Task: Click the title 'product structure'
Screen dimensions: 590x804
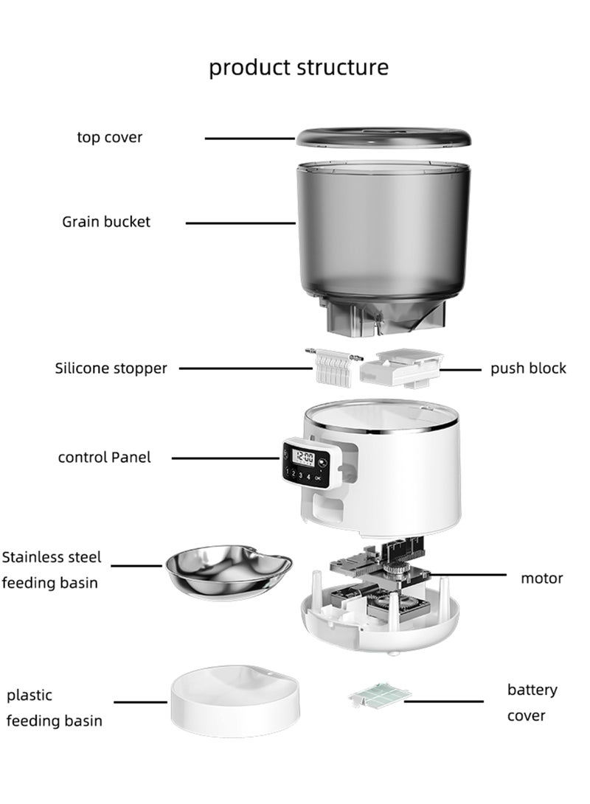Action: coord(299,68)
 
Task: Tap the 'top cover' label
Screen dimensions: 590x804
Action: coord(110,137)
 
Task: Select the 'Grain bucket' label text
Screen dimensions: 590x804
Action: coord(106,222)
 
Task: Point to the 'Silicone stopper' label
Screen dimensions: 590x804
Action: coord(111,368)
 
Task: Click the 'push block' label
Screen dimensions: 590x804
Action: coord(529,368)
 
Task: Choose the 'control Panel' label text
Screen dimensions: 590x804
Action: coord(105,458)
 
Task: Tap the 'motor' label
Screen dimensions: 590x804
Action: coord(542,578)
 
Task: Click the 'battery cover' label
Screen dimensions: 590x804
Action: coord(532,702)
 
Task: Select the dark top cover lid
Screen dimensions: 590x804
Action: coord(383,139)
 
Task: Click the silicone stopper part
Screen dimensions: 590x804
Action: coord(333,366)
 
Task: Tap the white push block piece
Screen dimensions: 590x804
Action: coord(402,368)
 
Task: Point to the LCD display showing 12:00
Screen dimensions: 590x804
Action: coord(303,457)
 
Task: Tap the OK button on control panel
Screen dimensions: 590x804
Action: coord(318,478)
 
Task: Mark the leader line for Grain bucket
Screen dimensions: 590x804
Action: coord(240,223)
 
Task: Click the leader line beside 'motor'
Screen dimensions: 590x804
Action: coord(468,575)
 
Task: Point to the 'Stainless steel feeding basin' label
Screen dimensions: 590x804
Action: coord(52,570)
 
